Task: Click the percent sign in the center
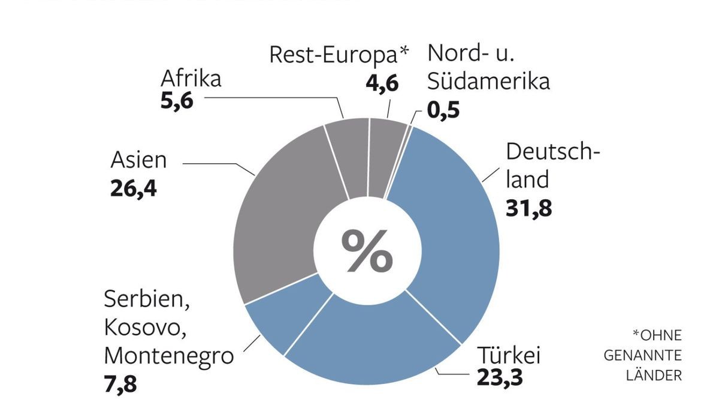coord(367,251)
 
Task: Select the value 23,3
coord(500,378)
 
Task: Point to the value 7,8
coord(120,383)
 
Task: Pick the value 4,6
coord(382,82)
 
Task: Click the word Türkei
coord(508,355)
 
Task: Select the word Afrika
coord(191,78)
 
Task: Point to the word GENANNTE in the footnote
coord(642,356)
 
